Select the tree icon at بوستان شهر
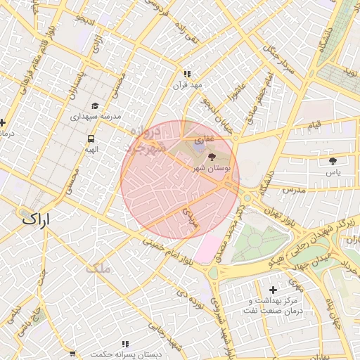tap(213, 157)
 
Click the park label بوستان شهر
tap(208, 170)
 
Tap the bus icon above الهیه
tap(91, 139)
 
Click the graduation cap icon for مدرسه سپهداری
tap(94, 103)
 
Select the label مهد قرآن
tap(188, 85)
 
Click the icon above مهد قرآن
tap(187, 74)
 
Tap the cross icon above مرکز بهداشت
tap(274, 289)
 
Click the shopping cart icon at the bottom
tap(73, 353)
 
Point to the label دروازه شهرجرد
tap(147, 139)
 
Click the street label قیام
tap(315, 125)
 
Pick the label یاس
tap(333, 172)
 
